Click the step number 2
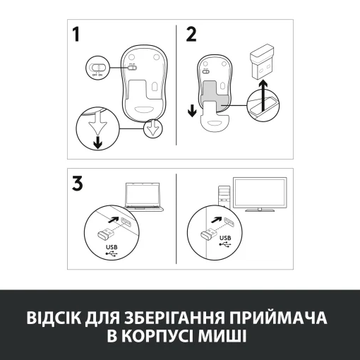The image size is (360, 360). (190, 36)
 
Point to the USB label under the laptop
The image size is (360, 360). (111, 247)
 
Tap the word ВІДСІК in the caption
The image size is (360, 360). (54, 314)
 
